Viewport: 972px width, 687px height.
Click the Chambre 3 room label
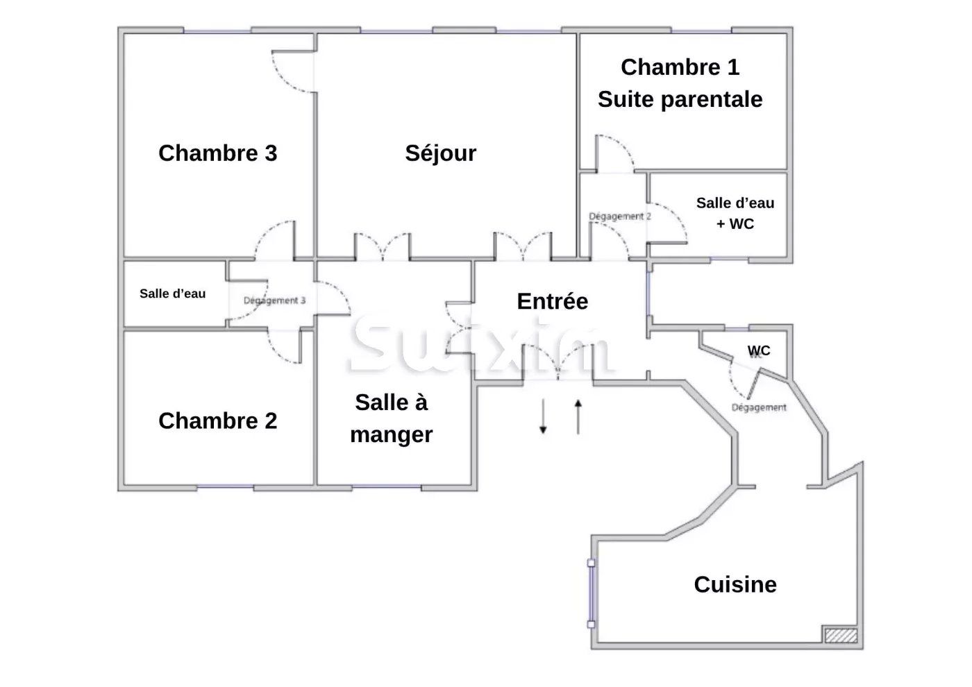point(217,153)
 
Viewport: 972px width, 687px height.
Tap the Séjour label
point(441,153)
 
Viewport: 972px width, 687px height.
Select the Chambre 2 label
point(217,421)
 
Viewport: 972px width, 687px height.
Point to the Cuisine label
point(735,584)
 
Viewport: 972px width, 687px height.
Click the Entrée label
point(553,301)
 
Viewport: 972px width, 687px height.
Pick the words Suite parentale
point(680,99)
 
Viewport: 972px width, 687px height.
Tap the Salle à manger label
point(392,418)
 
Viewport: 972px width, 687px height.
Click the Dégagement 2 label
point(620,217)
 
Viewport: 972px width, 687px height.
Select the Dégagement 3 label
point(274,300)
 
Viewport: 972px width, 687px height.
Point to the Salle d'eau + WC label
point(735,213)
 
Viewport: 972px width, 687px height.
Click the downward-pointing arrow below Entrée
point(543,417)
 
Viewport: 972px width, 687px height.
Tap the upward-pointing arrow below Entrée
point(578,417)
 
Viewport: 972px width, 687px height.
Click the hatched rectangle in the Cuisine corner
point(840,634)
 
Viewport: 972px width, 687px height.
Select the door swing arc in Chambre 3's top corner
point(292,73)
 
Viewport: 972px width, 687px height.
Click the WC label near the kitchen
point(759,350)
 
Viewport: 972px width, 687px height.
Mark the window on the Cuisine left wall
point(591,594)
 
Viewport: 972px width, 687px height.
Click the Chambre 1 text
point(680,67)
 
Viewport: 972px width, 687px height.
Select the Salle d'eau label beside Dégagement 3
point(172,294)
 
